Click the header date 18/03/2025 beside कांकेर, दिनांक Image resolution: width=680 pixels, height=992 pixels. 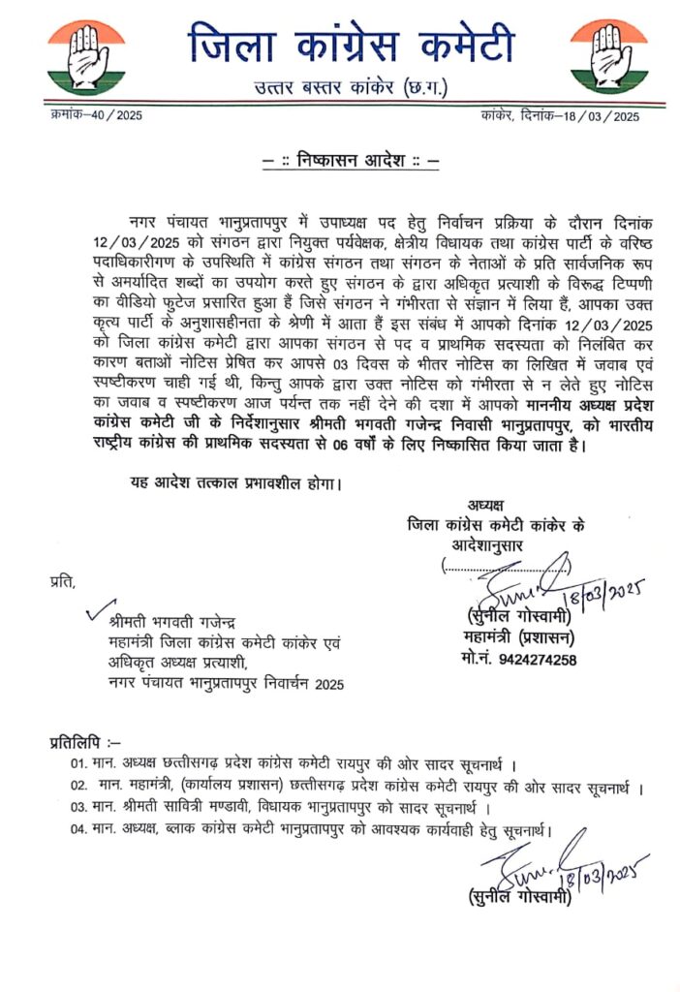(602, 116)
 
